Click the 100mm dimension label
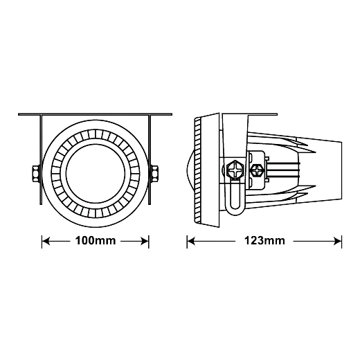pos(96,241)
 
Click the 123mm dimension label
pos(264,241)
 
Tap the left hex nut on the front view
pos(37,173)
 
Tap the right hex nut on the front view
pos(154,173)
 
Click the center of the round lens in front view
pos(96,173)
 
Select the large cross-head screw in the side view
pos(235,170)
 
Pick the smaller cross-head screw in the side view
pos(258,171)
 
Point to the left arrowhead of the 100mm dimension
pos(46,242)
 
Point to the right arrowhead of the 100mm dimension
pos(145,242)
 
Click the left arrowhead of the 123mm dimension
pos(191,242)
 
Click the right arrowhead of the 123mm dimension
pos(338,242)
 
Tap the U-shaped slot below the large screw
pos(235,198)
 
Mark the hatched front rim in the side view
pos(198,170)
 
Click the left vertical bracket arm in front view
pos(41,160)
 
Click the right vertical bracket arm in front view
pos(150,160)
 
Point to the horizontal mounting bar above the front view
pos(95,114)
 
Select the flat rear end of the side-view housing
pos(341,170)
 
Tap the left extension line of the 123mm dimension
pos(187,242)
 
